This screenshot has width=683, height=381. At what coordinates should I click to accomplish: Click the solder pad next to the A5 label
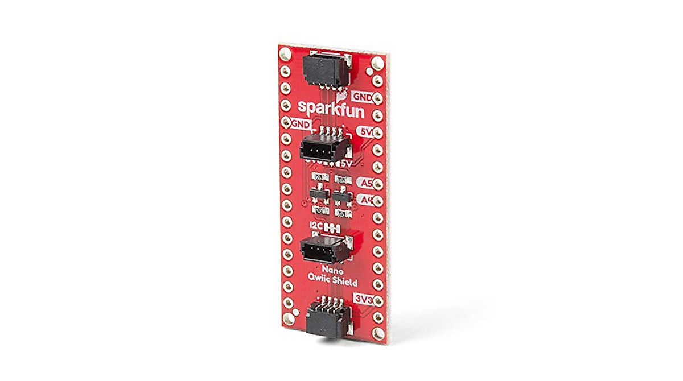(377, 184)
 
